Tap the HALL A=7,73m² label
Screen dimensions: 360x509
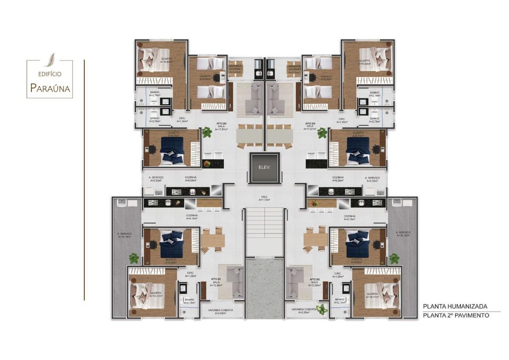pyautogui.click(x=266, y=198)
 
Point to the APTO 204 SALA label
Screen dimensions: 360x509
pyautogui.click(x=310, y=126)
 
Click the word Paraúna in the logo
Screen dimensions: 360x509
pyautogui.click(x=50, y=88)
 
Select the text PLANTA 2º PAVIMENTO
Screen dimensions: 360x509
pyautogui.click(x=456, y=315)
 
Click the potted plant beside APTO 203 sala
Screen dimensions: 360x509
pyautogui.click(x=207, y=133)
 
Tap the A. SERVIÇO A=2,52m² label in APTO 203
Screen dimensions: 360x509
pyautogui.click(x=156, y=179)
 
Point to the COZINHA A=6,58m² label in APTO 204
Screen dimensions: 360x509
pyautogui.click(x=338, y=179)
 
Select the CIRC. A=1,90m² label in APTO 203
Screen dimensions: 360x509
pyautogui.click(x=183, y=120)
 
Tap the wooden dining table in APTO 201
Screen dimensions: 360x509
pyautogui.click(x=213, y=241)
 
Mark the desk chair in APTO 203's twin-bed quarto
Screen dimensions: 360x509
pyautogui.click(x=217, y=77)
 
